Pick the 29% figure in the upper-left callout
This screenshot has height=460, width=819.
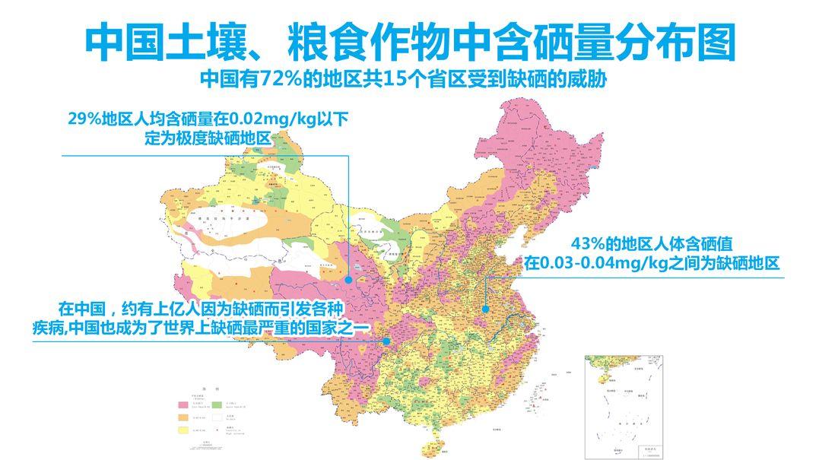(x=86, y=119)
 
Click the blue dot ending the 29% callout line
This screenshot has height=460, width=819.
(x=348, y=280)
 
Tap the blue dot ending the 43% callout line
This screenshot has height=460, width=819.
(x=484, y=309)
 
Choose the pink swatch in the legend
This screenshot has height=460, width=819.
(x=183, y=404)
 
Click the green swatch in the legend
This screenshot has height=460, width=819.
(x=216, y=404)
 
